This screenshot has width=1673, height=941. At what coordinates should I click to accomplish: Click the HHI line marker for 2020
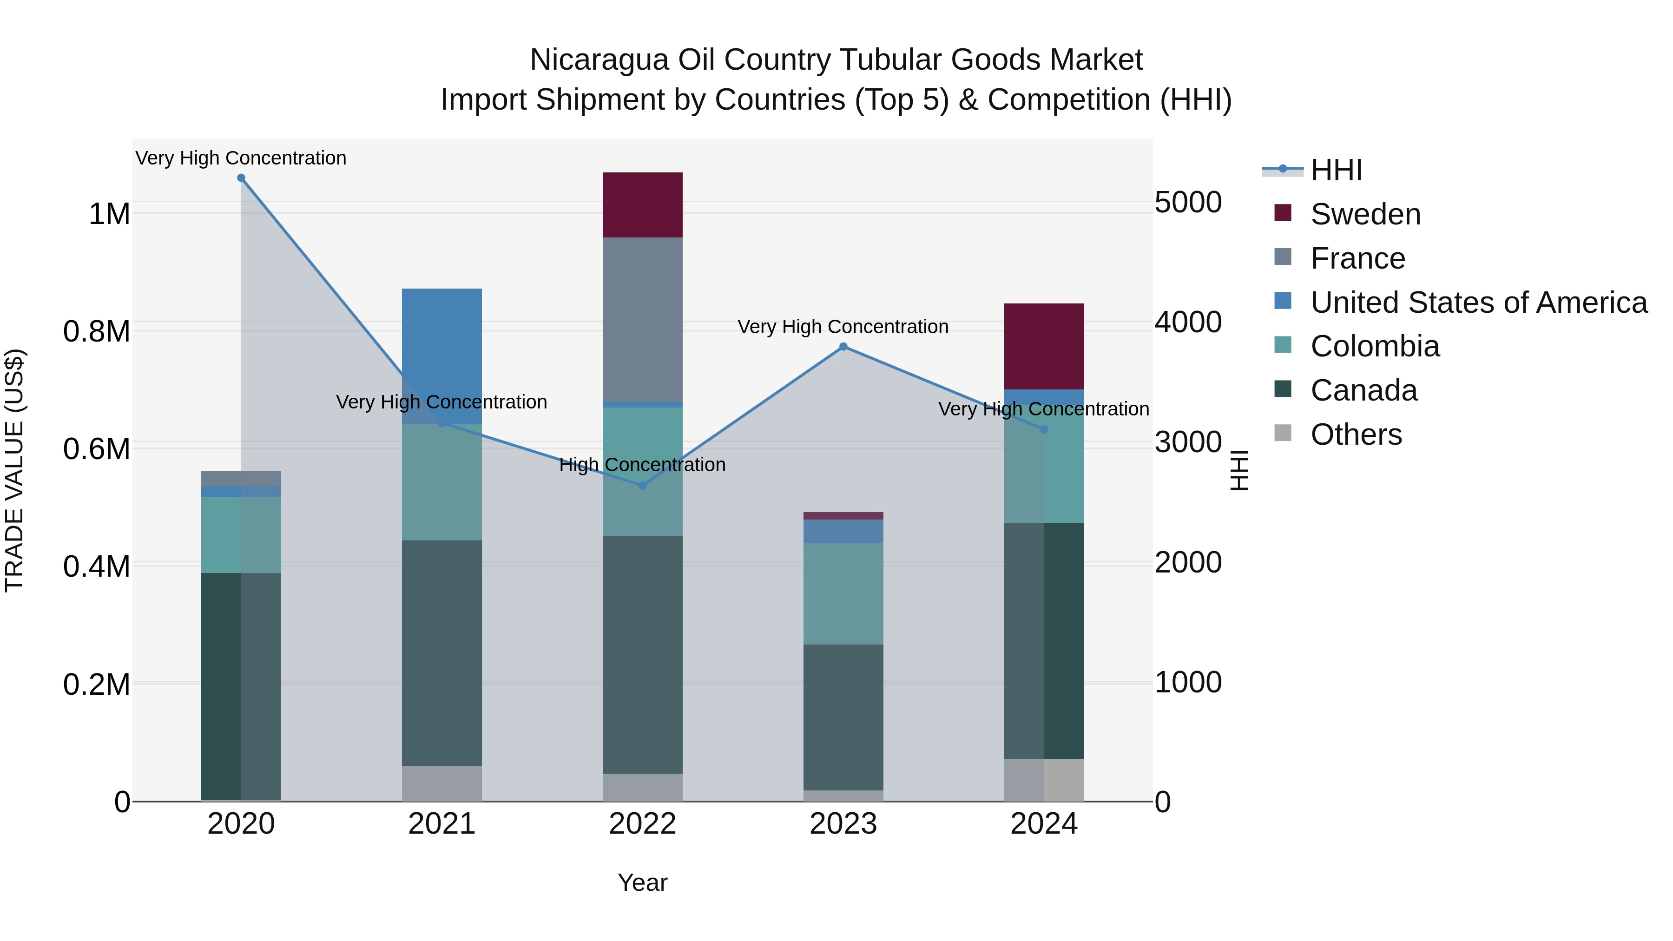(241, 178)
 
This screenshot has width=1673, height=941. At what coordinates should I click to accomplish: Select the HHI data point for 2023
(843, 347)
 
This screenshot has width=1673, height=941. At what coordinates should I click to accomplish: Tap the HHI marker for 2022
(642, 485)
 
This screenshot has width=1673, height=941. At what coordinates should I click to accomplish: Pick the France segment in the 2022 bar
(642, 320)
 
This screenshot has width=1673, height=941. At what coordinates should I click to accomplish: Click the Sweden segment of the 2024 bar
(1044, 346)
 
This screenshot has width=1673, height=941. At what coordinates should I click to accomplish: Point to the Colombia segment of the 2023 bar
(843, 593)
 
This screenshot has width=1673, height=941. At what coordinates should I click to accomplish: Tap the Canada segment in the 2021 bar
(441, 653)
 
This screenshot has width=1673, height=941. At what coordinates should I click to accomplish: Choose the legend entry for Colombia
(1374, 346)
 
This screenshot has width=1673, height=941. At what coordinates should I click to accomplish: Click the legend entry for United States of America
(1478, 303)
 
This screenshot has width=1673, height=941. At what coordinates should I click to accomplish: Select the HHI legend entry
(1336, 170)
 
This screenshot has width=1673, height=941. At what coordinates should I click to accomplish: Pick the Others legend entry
(1356, 434)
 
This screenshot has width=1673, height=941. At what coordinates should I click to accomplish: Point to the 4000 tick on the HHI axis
(1188, 322)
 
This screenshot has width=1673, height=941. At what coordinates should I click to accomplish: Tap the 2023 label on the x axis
(843, 824)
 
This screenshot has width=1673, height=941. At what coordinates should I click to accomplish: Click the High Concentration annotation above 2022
(642, 465)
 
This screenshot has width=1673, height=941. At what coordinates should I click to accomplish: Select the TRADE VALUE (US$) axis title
(14, 470)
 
